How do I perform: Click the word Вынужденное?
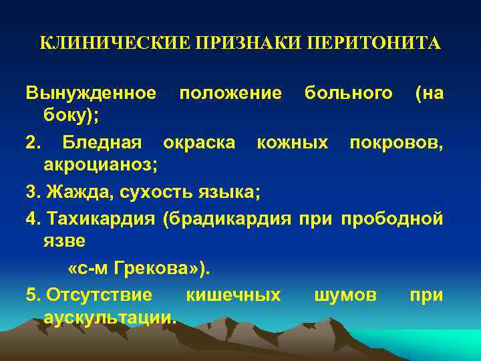[x=92, y=93]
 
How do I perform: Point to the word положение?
[x=230, y=93]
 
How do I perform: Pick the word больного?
[x=348, y=93]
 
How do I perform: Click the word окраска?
[x=199, y=142]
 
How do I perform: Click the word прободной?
[x=392, y=219]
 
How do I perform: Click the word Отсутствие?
[x=100, y=295]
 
